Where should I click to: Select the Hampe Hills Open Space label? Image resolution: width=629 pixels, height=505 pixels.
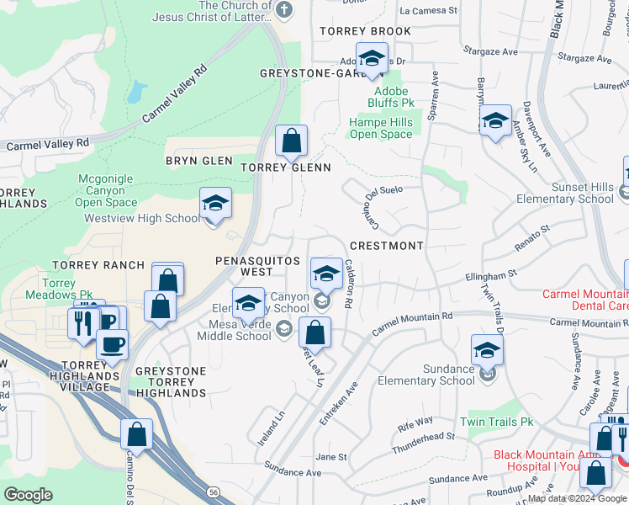tap(381, 128)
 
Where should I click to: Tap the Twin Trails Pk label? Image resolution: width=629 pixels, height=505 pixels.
tap(497, 422)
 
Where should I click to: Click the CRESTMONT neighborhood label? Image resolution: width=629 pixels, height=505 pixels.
tap(386, 246)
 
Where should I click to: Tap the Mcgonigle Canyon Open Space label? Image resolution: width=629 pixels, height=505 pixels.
tap(106, 190)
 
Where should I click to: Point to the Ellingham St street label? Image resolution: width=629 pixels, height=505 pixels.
tap(490, 275)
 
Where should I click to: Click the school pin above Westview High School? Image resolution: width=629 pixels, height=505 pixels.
tap(215, 204)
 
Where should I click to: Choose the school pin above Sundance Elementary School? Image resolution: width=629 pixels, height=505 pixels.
tap(487, 351)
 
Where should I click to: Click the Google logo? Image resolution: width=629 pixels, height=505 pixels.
tap(29, 495)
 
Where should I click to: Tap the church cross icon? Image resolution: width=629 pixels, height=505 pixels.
tap(284, 9)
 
